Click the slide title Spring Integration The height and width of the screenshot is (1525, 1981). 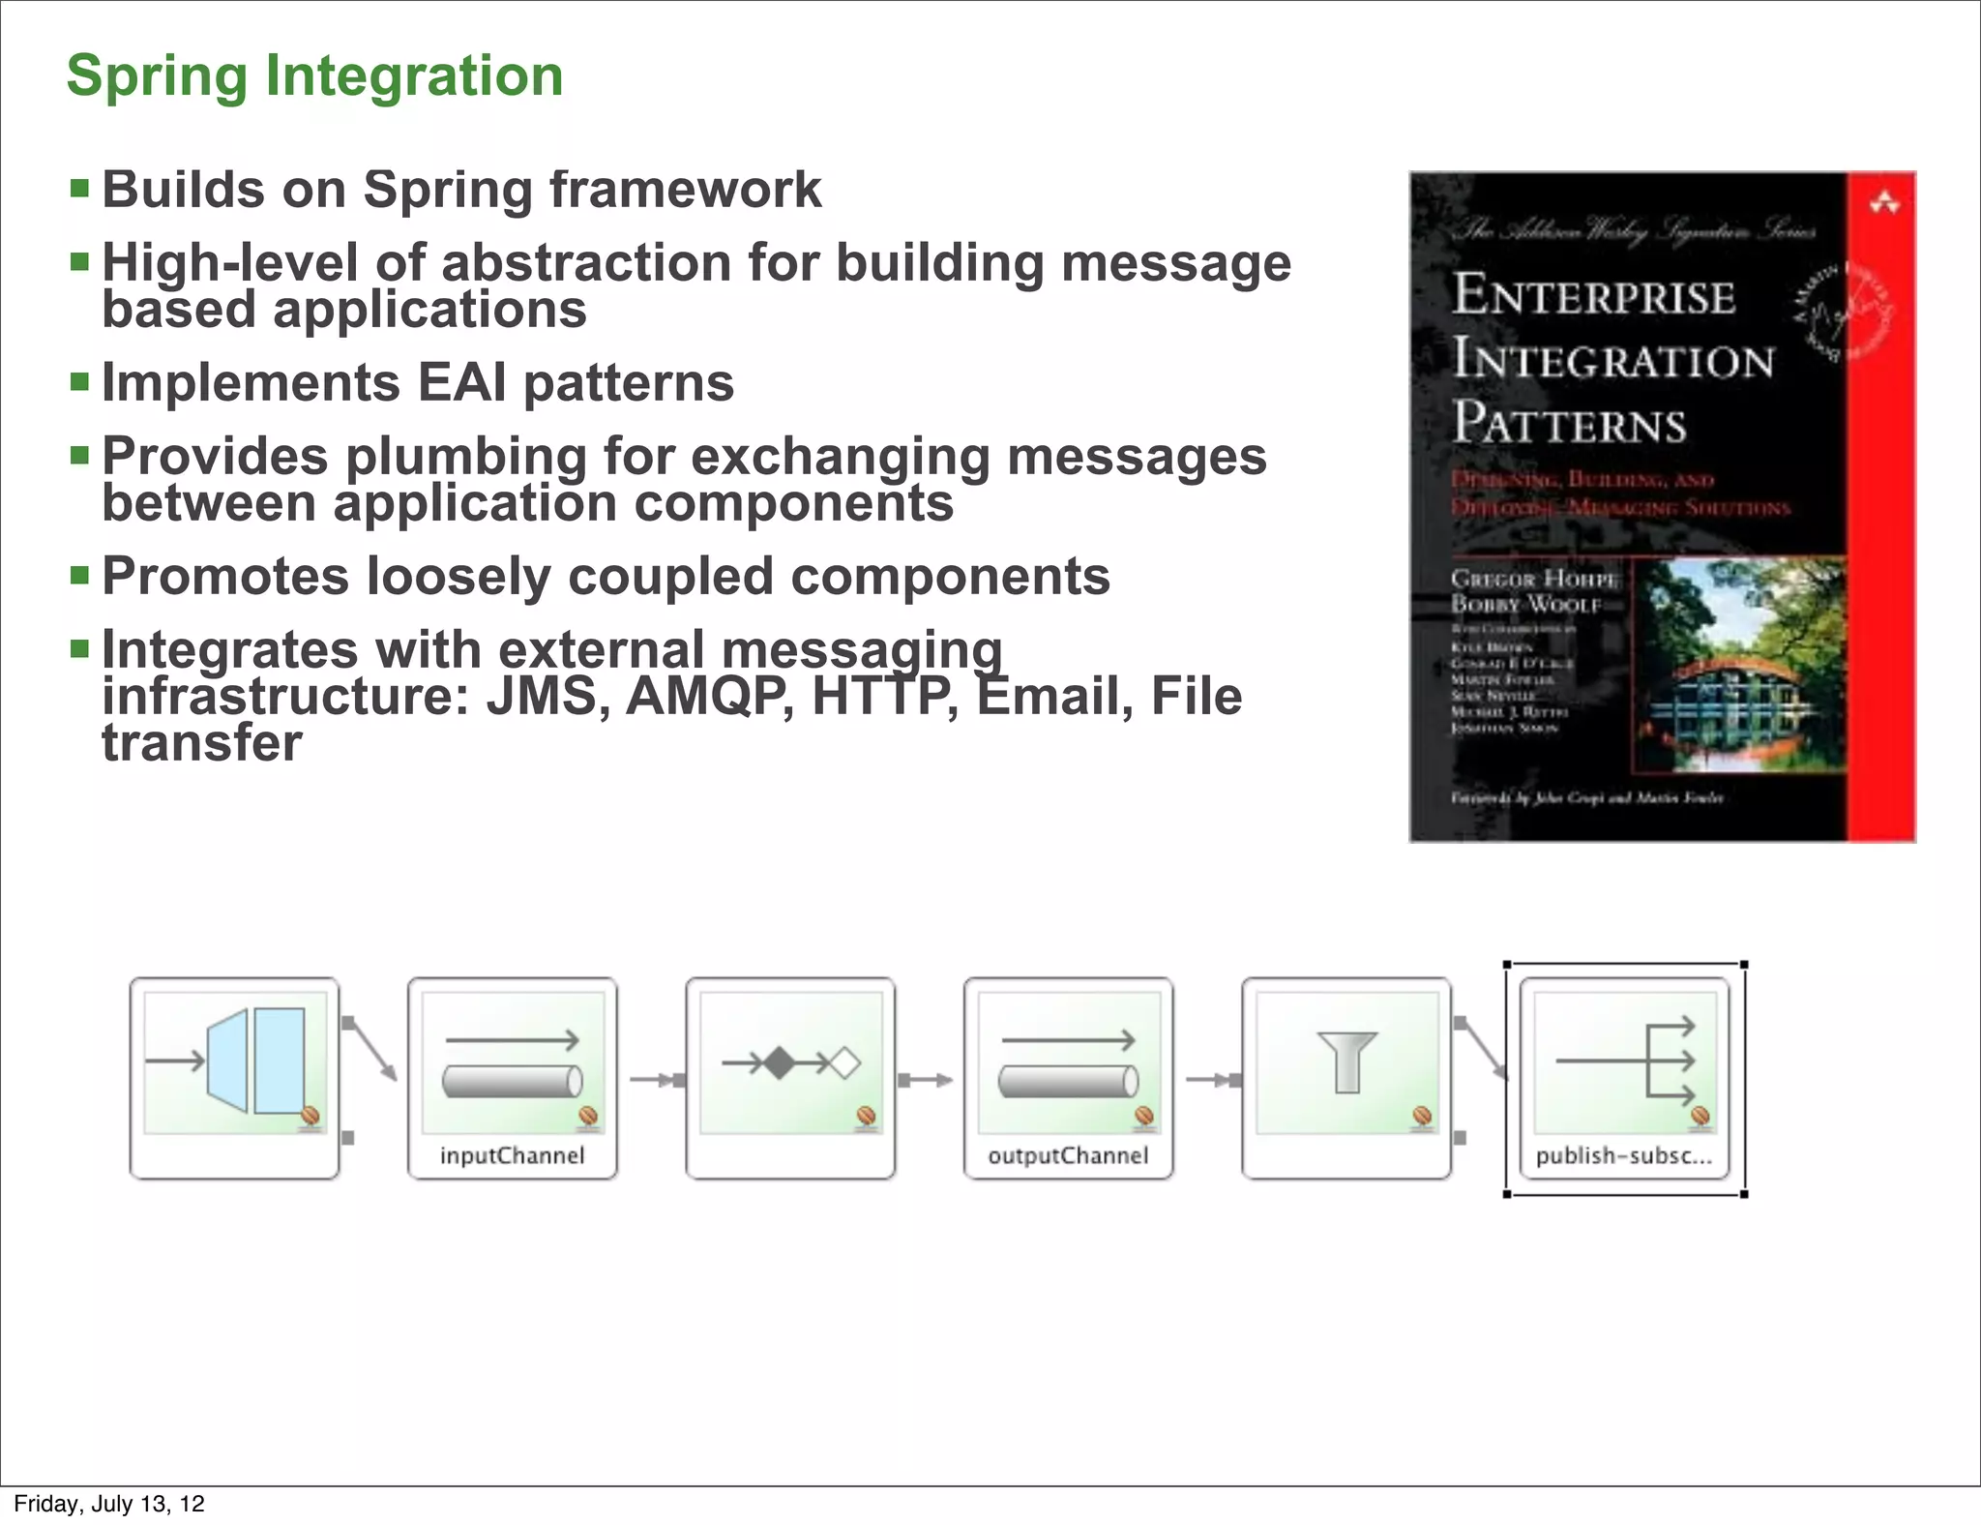point(314,75)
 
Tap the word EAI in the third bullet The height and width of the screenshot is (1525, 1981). point(462,383)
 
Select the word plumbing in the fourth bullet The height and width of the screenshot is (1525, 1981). point(465,457)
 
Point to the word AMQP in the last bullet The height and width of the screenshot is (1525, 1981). point(710,697)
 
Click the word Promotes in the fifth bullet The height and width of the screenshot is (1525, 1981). point(224,577)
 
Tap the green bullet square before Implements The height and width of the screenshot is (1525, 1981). point(79,380)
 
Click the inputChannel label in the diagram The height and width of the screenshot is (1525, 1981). point(512,1155)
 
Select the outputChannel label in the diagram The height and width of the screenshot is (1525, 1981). point(1068,1155)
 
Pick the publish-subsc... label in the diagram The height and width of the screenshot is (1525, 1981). point(1623,1155)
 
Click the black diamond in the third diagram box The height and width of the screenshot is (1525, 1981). point(780,1063)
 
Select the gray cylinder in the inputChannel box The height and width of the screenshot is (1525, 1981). point(512,1081)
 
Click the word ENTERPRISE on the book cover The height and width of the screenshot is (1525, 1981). point(1594,295)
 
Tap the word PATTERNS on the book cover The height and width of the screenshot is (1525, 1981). point(1569,424)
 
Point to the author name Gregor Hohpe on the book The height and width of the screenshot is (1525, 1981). point(1532,579)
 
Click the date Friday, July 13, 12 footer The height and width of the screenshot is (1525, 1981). point(109,1504)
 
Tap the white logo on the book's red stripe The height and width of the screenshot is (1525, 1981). point(1884,203)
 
